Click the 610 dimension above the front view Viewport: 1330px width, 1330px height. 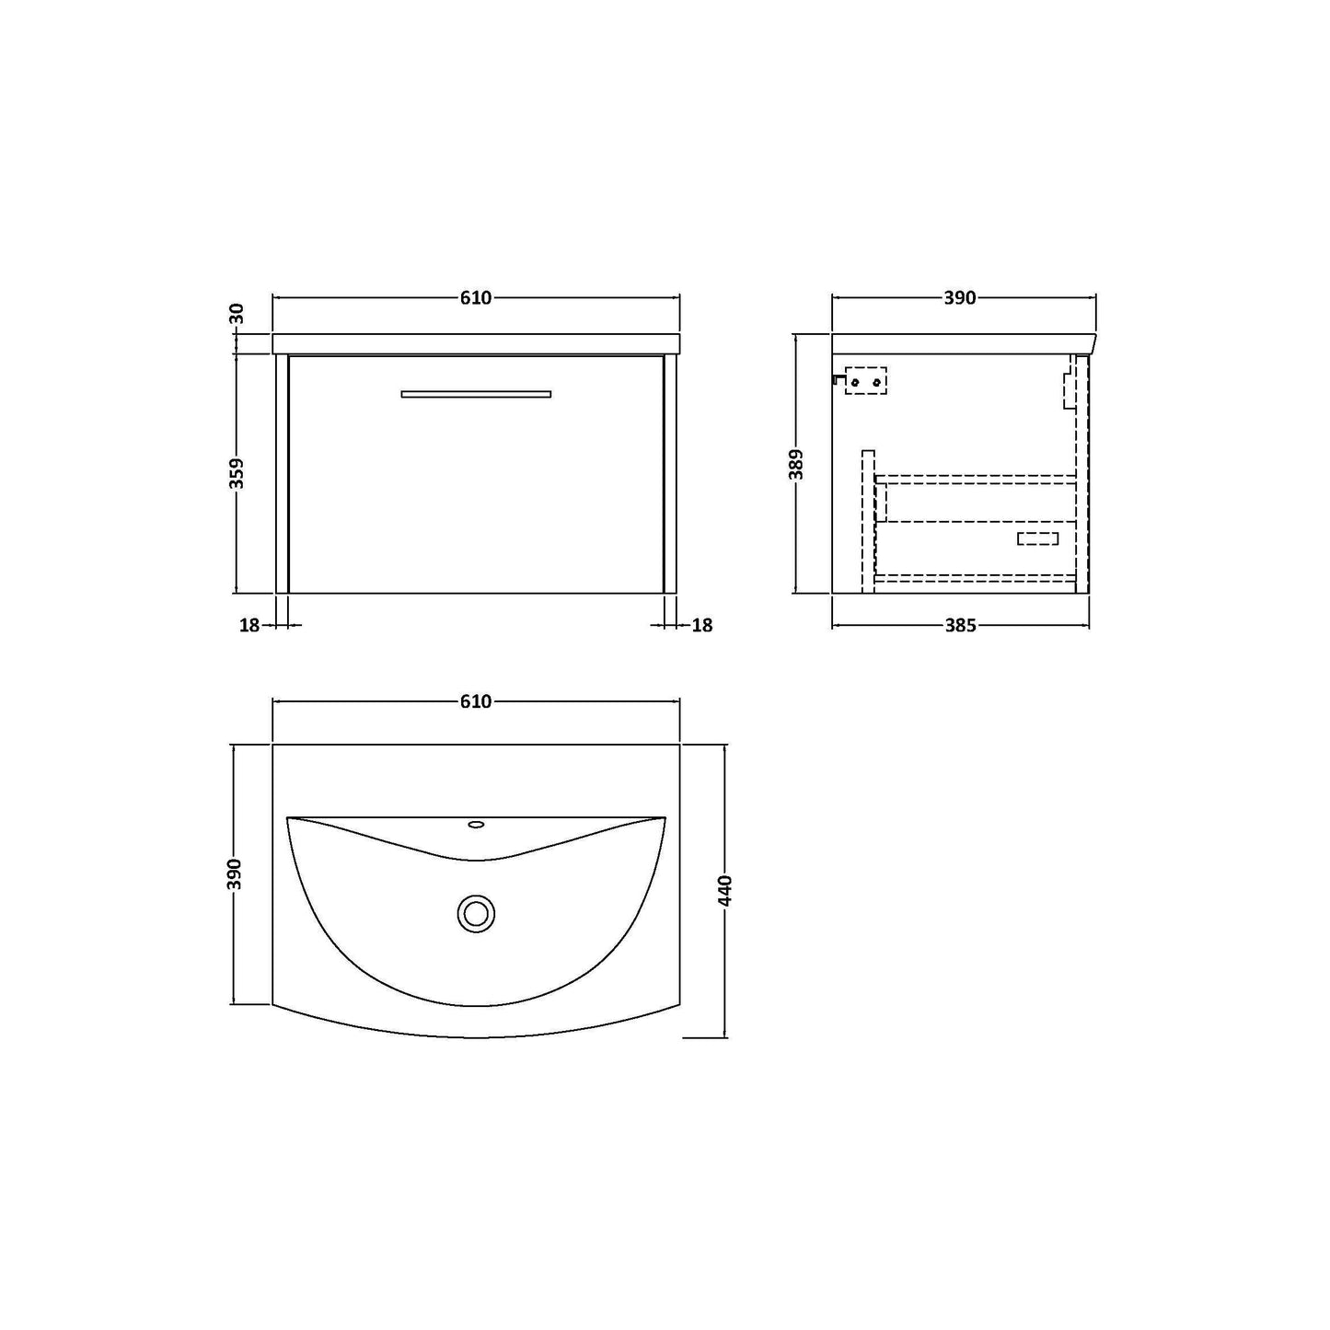coord(476,298)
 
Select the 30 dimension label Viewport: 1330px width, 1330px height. coord(237,314)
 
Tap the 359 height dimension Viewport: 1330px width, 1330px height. coord(237,473)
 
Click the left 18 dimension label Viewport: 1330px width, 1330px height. coord(249,625)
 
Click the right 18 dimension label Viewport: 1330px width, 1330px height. coord(702,625)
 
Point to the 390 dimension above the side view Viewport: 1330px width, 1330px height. coord(960,298)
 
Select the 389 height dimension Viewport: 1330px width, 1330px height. coord(796,465)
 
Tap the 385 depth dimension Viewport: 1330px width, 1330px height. coord(960,625)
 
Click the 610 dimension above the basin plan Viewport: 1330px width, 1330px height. coord(476,701)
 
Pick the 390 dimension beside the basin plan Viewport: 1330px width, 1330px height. coord(236,874)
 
